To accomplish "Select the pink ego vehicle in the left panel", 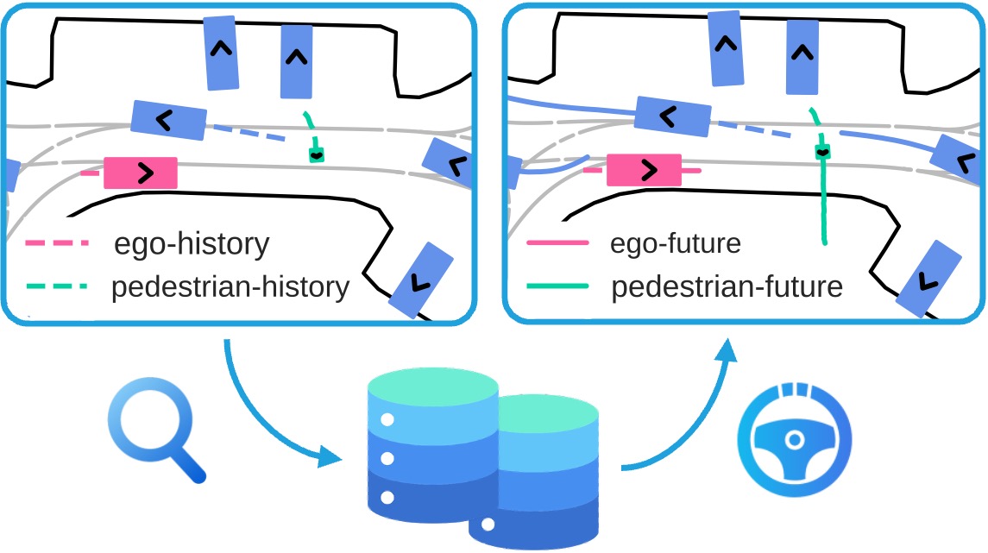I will (141, 173).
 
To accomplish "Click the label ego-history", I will (192, 245).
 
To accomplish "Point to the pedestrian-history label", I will (230, 286).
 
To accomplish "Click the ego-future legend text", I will (676, 244).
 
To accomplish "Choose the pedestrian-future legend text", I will (727, 286).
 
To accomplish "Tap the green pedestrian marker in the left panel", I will (318, 154).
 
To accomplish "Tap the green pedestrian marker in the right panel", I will (822, 152).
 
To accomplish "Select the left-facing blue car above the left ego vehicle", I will (168, 120).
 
